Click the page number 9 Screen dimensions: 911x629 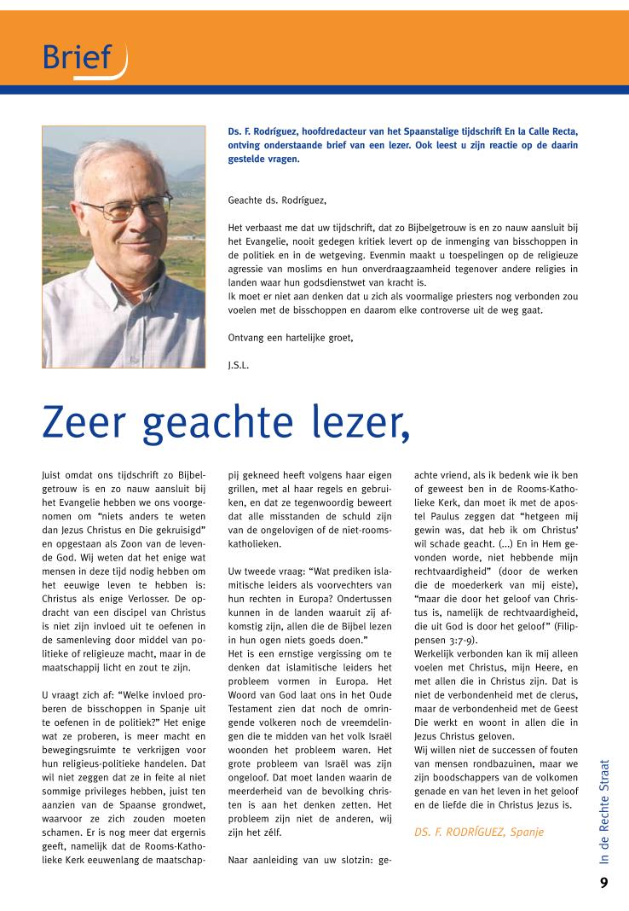coord(603,883)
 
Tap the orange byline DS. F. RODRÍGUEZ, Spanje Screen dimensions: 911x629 coord(478,831)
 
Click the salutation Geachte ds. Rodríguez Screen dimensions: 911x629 coord(277,200)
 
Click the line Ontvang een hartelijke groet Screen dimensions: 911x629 coord(291,337)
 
